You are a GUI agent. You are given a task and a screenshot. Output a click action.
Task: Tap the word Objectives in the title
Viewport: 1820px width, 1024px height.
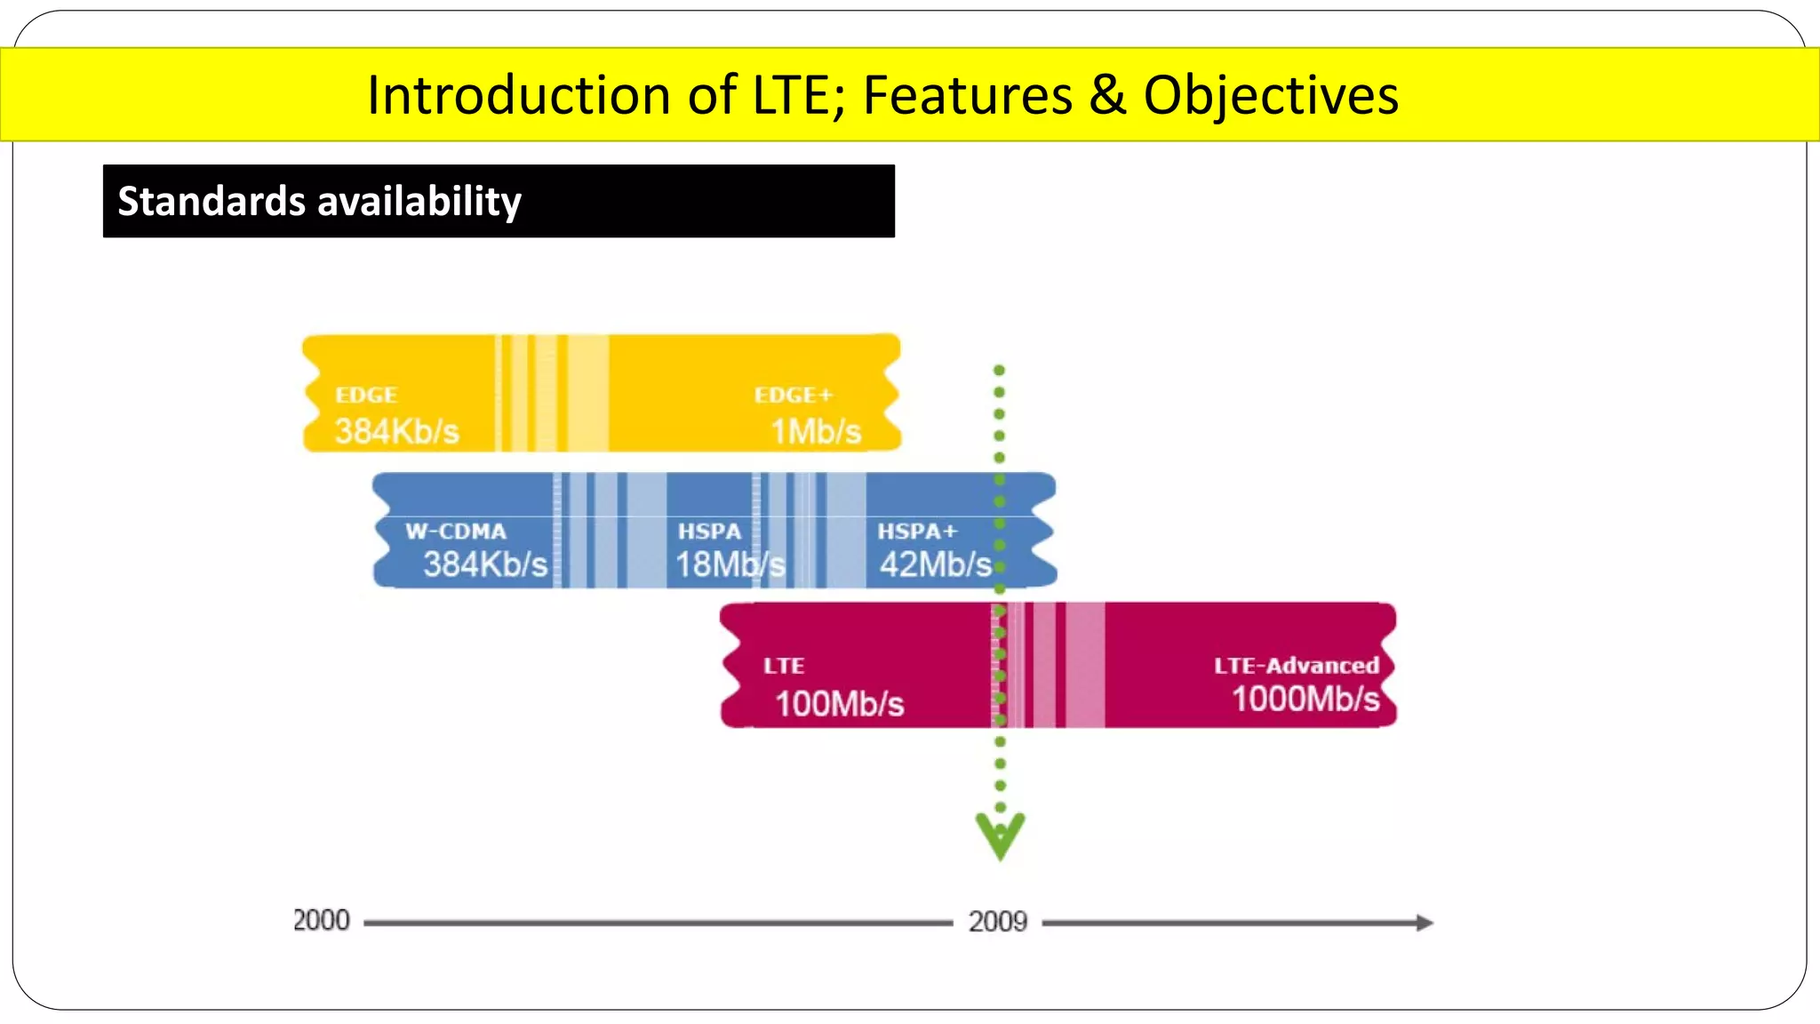click(x=1271, y=95)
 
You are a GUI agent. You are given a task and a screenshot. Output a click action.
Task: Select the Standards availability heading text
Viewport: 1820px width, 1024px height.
click(x=319, y=201)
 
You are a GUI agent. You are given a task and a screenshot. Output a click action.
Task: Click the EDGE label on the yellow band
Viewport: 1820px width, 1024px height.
click(x=366, y=396)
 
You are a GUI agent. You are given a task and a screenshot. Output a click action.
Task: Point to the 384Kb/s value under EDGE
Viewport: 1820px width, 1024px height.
click(x=396, y=432)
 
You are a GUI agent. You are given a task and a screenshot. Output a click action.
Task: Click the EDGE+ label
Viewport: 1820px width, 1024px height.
click(x=793, y=396)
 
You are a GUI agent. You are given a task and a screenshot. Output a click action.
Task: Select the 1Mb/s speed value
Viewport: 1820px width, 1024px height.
click(x=816, y=432)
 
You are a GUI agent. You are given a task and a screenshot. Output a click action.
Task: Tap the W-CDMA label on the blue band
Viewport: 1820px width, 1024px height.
click(x=456, y=532)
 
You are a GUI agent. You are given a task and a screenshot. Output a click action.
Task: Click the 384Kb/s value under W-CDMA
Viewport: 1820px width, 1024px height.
click(x=484, y=564)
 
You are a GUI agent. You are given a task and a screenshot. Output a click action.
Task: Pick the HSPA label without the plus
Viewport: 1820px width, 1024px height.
click(x=709, y=532)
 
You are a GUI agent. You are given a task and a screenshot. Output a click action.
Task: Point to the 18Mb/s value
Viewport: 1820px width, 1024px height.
click(x=730, y=564)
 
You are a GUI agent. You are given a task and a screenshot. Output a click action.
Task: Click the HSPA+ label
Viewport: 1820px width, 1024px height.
click(x=917, y=532)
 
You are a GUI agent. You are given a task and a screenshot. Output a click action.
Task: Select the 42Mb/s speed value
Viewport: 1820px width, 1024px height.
click(x=935, y=564)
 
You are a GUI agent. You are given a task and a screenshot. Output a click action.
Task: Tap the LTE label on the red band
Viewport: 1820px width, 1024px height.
click(x=784, y=666)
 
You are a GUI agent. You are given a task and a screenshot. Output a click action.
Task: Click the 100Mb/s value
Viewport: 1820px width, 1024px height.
click(x=839, y=704)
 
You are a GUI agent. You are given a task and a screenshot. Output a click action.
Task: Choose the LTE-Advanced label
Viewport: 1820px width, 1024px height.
click(x=1296, y=666)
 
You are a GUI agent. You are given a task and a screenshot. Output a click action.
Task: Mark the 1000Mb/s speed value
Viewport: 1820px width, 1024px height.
click(x=1305, y=700)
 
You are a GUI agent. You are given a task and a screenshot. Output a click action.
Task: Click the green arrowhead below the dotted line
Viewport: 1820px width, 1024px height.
click(x=1000, y=836)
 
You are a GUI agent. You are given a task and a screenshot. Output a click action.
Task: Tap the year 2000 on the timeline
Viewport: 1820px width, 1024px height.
click(x=322, y=921)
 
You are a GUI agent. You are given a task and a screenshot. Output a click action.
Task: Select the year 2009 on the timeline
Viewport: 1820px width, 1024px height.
click(x=997, y=922)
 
